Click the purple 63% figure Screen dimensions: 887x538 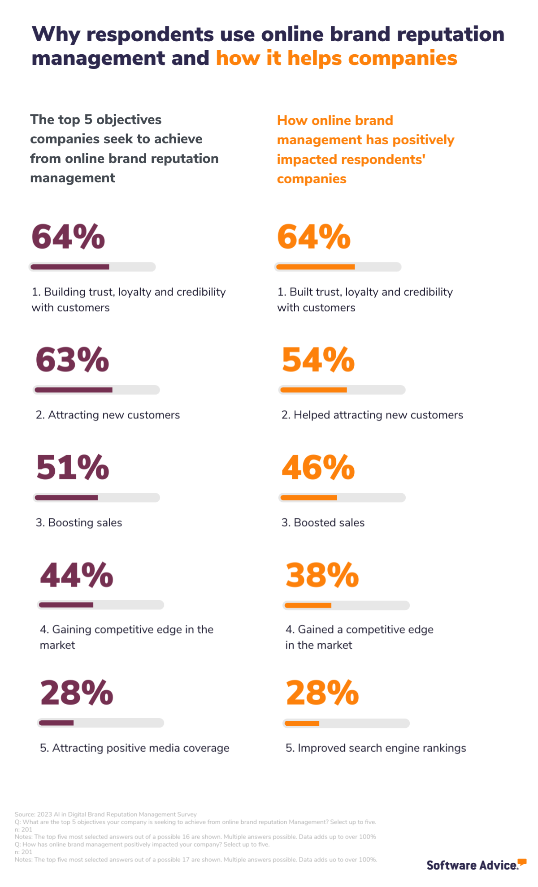coord(72,360)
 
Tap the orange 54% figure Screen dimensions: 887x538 coord(318,360)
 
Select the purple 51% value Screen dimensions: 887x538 coord(73,467)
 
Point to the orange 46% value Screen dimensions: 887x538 coord(318,467)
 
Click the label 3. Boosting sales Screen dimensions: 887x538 coord(79,523)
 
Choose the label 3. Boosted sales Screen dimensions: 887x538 coord(323,523)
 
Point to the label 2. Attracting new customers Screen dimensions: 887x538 coord(108,415)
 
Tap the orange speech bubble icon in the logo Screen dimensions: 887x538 coord(522,861)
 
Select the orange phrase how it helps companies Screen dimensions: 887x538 coord(336,58)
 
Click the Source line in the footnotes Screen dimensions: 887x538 coord(105,814)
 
